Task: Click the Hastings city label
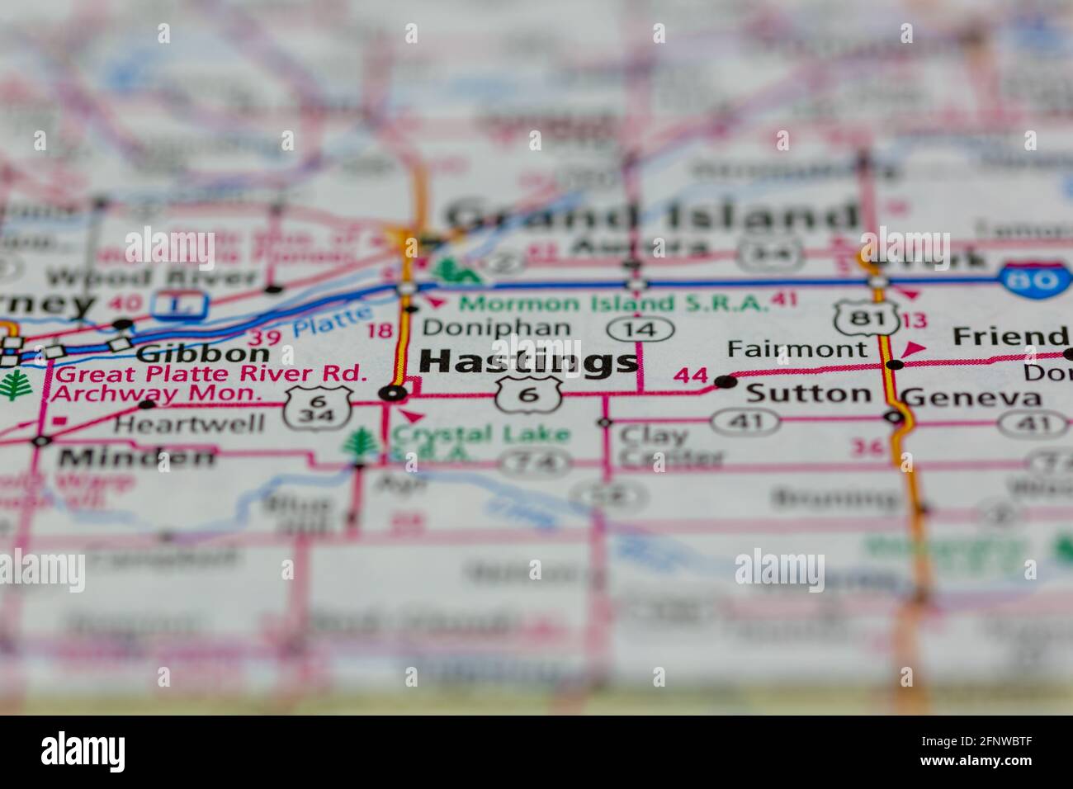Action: [528, 361]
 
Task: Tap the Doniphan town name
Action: [495, 328]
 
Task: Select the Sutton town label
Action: [808, 394]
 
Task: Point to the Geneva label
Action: [971, 398]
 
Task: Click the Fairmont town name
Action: [796, 349]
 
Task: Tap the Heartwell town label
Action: [189, 424]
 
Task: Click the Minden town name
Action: [137, 456]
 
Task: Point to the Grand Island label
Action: [652, 216]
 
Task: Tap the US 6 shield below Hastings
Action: [528, 394]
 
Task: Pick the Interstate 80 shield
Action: [1037, 280]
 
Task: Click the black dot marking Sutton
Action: [725, 381]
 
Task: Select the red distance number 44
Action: [690, 376]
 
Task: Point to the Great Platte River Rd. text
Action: [210, 373]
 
